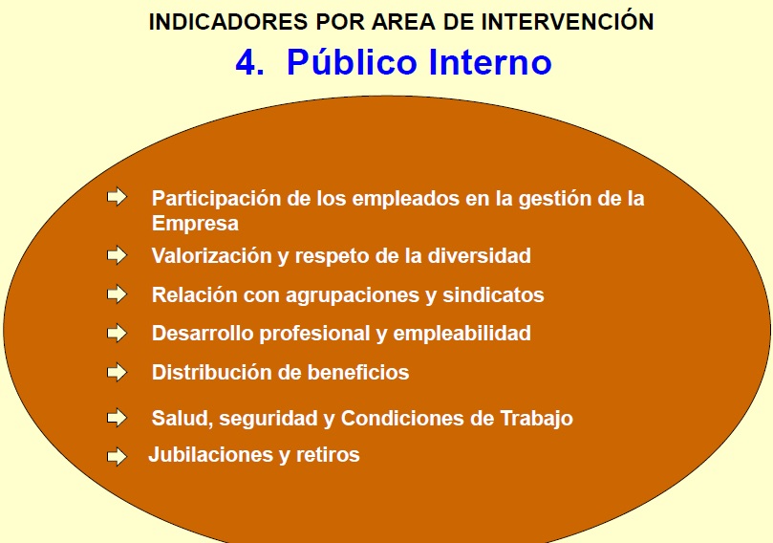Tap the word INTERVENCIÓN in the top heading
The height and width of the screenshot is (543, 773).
click(568, 21)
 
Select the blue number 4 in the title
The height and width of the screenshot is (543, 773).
click(249, 63)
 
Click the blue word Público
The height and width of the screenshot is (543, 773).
click(352, 63)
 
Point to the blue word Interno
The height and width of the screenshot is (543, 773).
click(490, 63)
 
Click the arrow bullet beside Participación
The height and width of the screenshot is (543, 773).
click(117, 197)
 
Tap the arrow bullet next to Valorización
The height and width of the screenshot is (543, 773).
click(117, 255)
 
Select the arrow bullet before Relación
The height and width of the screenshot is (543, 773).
click(117, 293)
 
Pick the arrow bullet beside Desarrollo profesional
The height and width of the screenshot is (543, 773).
click(117, 333)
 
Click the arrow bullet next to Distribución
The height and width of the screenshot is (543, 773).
click(117, 372)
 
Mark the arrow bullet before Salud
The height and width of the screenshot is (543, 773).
click(117, 418)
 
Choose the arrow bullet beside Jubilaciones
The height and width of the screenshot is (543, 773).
click(117, 456)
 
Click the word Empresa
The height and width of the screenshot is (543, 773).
click(195, 224)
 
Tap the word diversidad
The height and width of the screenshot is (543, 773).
click(479, 255)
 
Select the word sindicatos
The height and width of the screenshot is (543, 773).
click(493, 294)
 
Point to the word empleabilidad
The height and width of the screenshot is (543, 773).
click(462, 334)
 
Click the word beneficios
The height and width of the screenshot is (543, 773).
click(358, 373)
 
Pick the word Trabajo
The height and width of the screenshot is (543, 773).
click(536, 418)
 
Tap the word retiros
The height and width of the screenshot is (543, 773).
click(328, 455)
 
